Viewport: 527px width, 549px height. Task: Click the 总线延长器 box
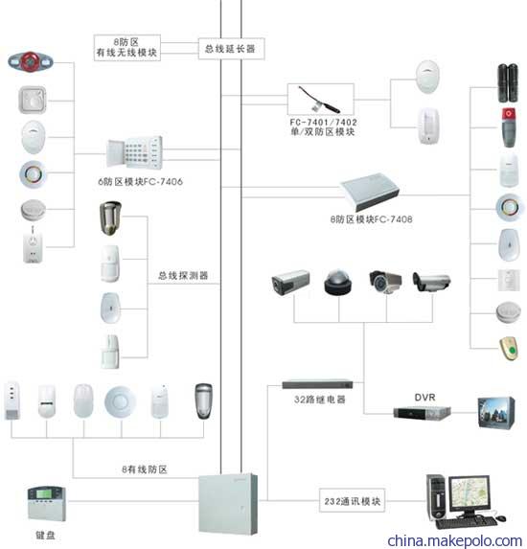point(231,49)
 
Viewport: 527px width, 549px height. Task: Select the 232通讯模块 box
point(352,501)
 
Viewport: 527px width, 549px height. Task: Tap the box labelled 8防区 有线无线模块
point(127,48)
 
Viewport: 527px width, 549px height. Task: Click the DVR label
point(424,398)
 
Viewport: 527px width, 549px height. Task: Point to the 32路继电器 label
point(320,400)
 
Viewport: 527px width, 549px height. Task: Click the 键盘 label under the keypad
point(46,535)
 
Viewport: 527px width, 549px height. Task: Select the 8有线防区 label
point(145,469)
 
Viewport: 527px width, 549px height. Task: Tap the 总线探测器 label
point(183,276)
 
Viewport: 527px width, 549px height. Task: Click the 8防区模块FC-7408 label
point(371,219)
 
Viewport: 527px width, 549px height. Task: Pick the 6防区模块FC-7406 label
point(140,181)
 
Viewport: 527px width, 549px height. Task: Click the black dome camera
point(337,283)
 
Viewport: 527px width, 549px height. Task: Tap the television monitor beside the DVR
point(496,413)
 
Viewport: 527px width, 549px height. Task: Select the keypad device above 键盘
point(47,503)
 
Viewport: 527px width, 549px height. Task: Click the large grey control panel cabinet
point(228,504)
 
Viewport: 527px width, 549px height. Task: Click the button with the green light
point(510,349)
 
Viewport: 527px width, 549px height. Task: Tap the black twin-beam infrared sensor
point(508,83)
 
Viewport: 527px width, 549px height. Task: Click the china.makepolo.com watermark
point(455,540)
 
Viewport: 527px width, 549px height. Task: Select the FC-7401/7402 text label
point(323,123)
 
